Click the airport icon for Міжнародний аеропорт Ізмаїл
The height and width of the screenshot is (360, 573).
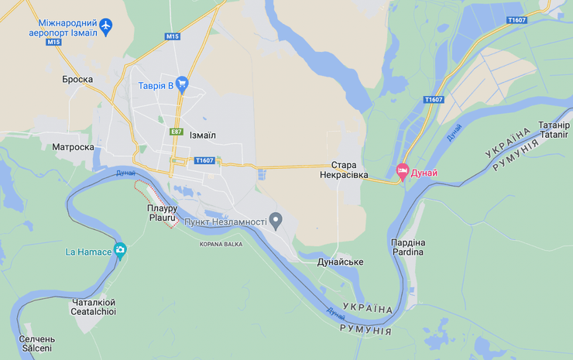[x=106, y=27]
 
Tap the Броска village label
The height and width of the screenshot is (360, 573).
[x=77, y=79]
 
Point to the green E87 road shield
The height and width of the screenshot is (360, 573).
[x=177, y=132]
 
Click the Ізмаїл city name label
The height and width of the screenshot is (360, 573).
[x=202, y=135]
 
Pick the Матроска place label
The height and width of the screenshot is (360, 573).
[x=73, y=147]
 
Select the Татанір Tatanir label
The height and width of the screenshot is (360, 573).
[x=554, y=129]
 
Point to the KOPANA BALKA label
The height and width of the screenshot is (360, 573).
[x=221, y=244]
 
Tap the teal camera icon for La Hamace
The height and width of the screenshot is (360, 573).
[x=120, y=251]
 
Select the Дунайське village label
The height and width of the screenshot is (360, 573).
[x=340, y=262]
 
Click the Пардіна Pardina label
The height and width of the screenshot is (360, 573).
[x=407, y=247]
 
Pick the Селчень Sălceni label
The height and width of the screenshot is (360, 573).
[x=36, y=343]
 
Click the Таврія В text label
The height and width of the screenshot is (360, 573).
[x=156, y=85]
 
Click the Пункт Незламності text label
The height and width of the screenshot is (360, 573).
[x=225, y=223]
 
